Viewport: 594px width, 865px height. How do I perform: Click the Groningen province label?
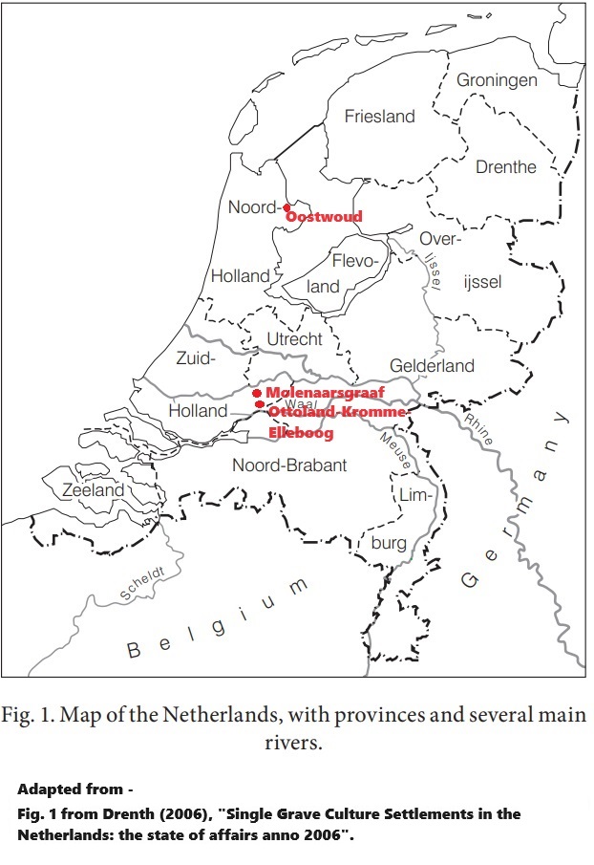point(497,80)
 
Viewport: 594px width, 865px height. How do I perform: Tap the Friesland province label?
point(379,117)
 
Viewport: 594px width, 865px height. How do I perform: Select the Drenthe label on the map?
point(505,166)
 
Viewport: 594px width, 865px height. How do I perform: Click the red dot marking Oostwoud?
point(287,206)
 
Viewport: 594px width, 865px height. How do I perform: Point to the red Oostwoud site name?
point(325,217)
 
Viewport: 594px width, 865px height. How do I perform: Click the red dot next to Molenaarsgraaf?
point(257,393)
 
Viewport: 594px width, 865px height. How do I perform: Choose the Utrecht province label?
point(294,339)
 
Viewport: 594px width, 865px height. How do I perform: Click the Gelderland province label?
point(432,366)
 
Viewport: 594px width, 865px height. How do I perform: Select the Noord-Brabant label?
point(289,465)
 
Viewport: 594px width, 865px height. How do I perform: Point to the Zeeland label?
point(94,490)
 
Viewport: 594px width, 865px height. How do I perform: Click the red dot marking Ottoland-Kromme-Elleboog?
point(260,405)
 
